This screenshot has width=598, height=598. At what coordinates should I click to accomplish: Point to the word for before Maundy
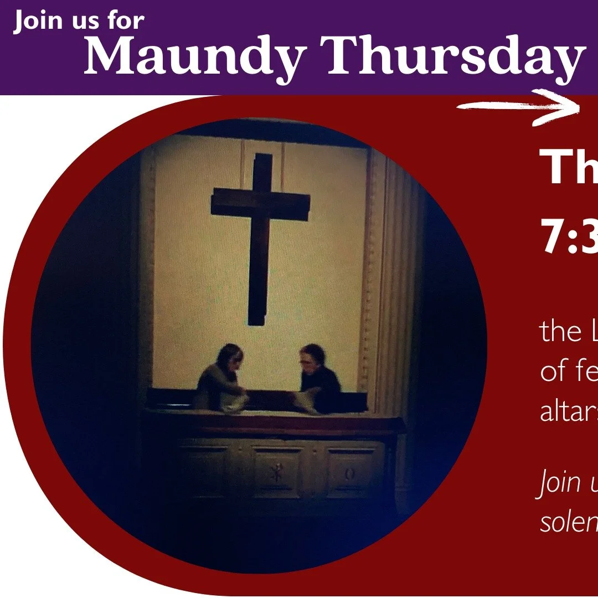point(123,22)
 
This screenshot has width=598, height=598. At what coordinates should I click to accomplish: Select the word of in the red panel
point(554,372)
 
